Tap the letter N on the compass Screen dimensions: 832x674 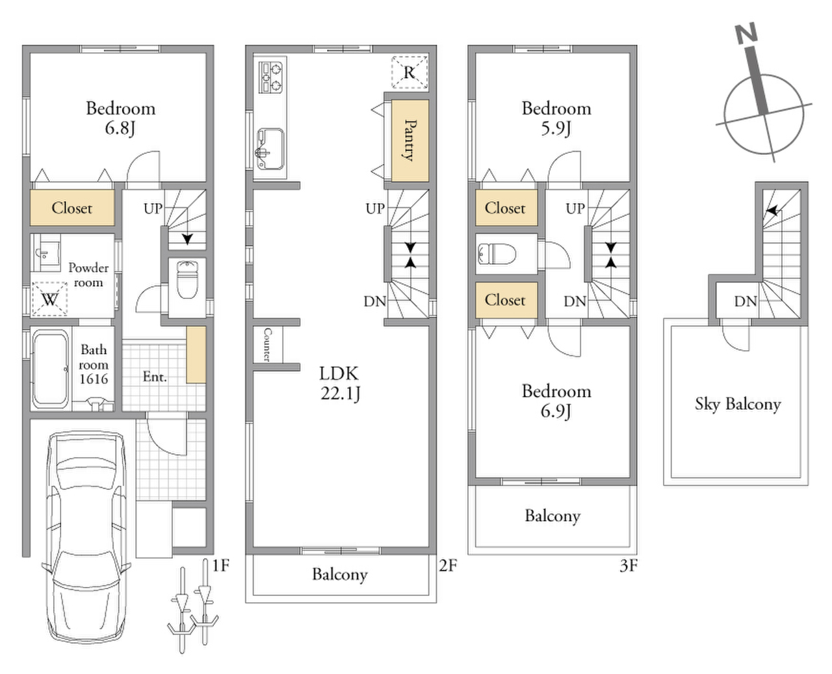click(x=746, y=33)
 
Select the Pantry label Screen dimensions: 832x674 click(x=409, y=140)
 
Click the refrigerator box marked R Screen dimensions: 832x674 click(x=409, y=72)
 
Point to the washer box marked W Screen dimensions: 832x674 click(x=49, y=299)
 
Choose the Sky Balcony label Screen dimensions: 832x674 click(x=738, y=404)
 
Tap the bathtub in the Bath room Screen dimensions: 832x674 click(x=51, y=369)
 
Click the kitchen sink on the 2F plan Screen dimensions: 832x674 click(x=270, y=149)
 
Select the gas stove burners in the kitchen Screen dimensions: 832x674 click(x=270, y=77)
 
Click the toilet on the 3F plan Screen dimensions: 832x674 click(x=497, y=254)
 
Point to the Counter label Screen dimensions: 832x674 click(x=268, y=344)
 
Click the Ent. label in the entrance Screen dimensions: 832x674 click(x=155, y=377)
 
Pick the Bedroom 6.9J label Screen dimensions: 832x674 click(x=556, y=401)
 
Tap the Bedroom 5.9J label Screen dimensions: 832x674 click(x=556, y=118)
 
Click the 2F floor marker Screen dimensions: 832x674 click(x=448, y=565)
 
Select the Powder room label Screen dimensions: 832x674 click(x=88, y=275)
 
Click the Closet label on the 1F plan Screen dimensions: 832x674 click(x=72, y=208)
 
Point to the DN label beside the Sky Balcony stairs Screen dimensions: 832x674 click(x=746, y=301)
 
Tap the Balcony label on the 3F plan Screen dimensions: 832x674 click(x=552, y=517)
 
